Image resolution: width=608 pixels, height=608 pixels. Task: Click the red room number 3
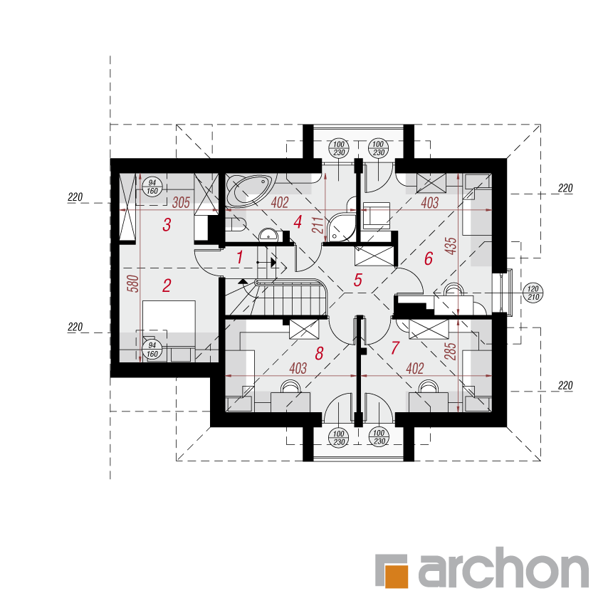coord(167,224)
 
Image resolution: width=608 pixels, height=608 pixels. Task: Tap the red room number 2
coord(167,285)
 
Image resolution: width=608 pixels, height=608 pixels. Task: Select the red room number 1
coord(240,257)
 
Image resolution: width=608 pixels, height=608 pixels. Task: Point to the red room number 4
coord(298,222)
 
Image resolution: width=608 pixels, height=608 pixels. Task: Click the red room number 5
coord(357,280)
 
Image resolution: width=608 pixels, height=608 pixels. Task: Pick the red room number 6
coord(429,258)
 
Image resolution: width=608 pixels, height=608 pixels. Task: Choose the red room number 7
coord(395,348)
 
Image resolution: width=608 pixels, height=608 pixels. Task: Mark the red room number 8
coord(319,353)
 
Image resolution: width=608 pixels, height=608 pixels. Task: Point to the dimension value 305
coord(181,202)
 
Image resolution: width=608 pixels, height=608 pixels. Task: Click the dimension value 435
coord(451,246)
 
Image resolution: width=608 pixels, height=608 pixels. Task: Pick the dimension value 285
coord(451,351)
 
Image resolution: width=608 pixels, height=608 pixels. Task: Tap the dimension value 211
coord(318,225)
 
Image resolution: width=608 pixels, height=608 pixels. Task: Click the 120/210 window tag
coord(533,293)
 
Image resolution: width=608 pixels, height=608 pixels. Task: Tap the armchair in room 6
coord(376,215)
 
